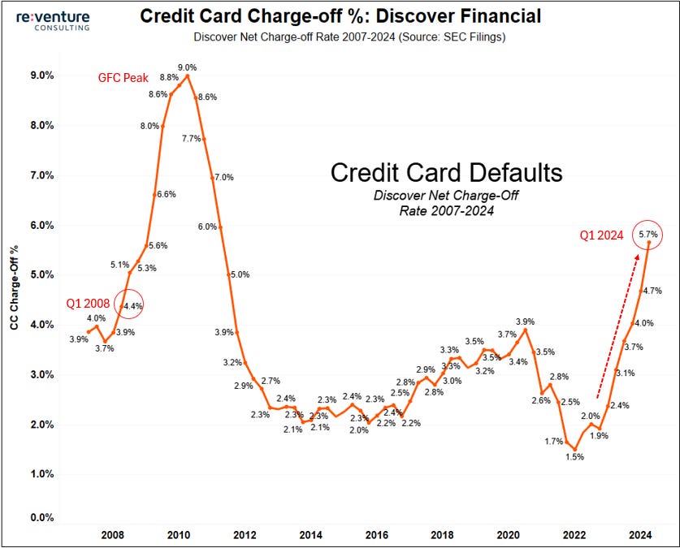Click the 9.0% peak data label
(x=188, y=67)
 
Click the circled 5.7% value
(x=648, y=235)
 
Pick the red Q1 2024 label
(x=602, y=235)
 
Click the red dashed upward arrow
(x=617, y=325)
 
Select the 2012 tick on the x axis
(x=245, y=535)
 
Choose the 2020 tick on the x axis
(x=508, y=535)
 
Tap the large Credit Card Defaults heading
(x=446, y=173)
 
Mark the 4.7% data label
(x=652, y=290)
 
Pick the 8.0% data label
(x=149, y=126)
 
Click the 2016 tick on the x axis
(x=376, y=535)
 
